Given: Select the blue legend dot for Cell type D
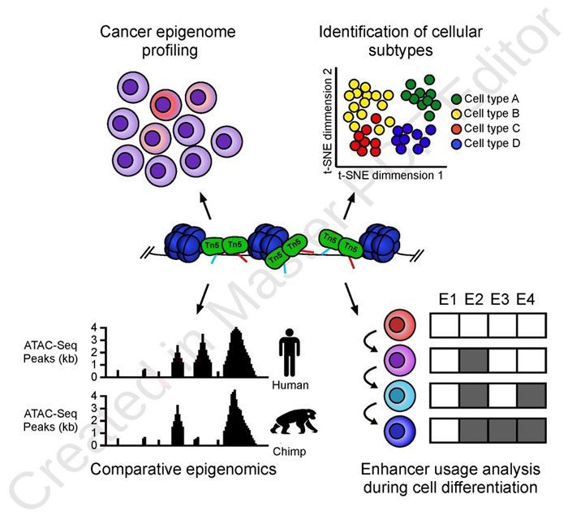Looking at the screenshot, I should [x=455, y=142].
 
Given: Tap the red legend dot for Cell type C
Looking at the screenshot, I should [x=455, y=128].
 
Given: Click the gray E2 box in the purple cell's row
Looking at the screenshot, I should [x=474, y=361].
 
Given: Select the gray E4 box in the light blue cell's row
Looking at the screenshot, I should [x=532, y=396].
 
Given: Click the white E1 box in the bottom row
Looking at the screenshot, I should [x=445, y=431].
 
